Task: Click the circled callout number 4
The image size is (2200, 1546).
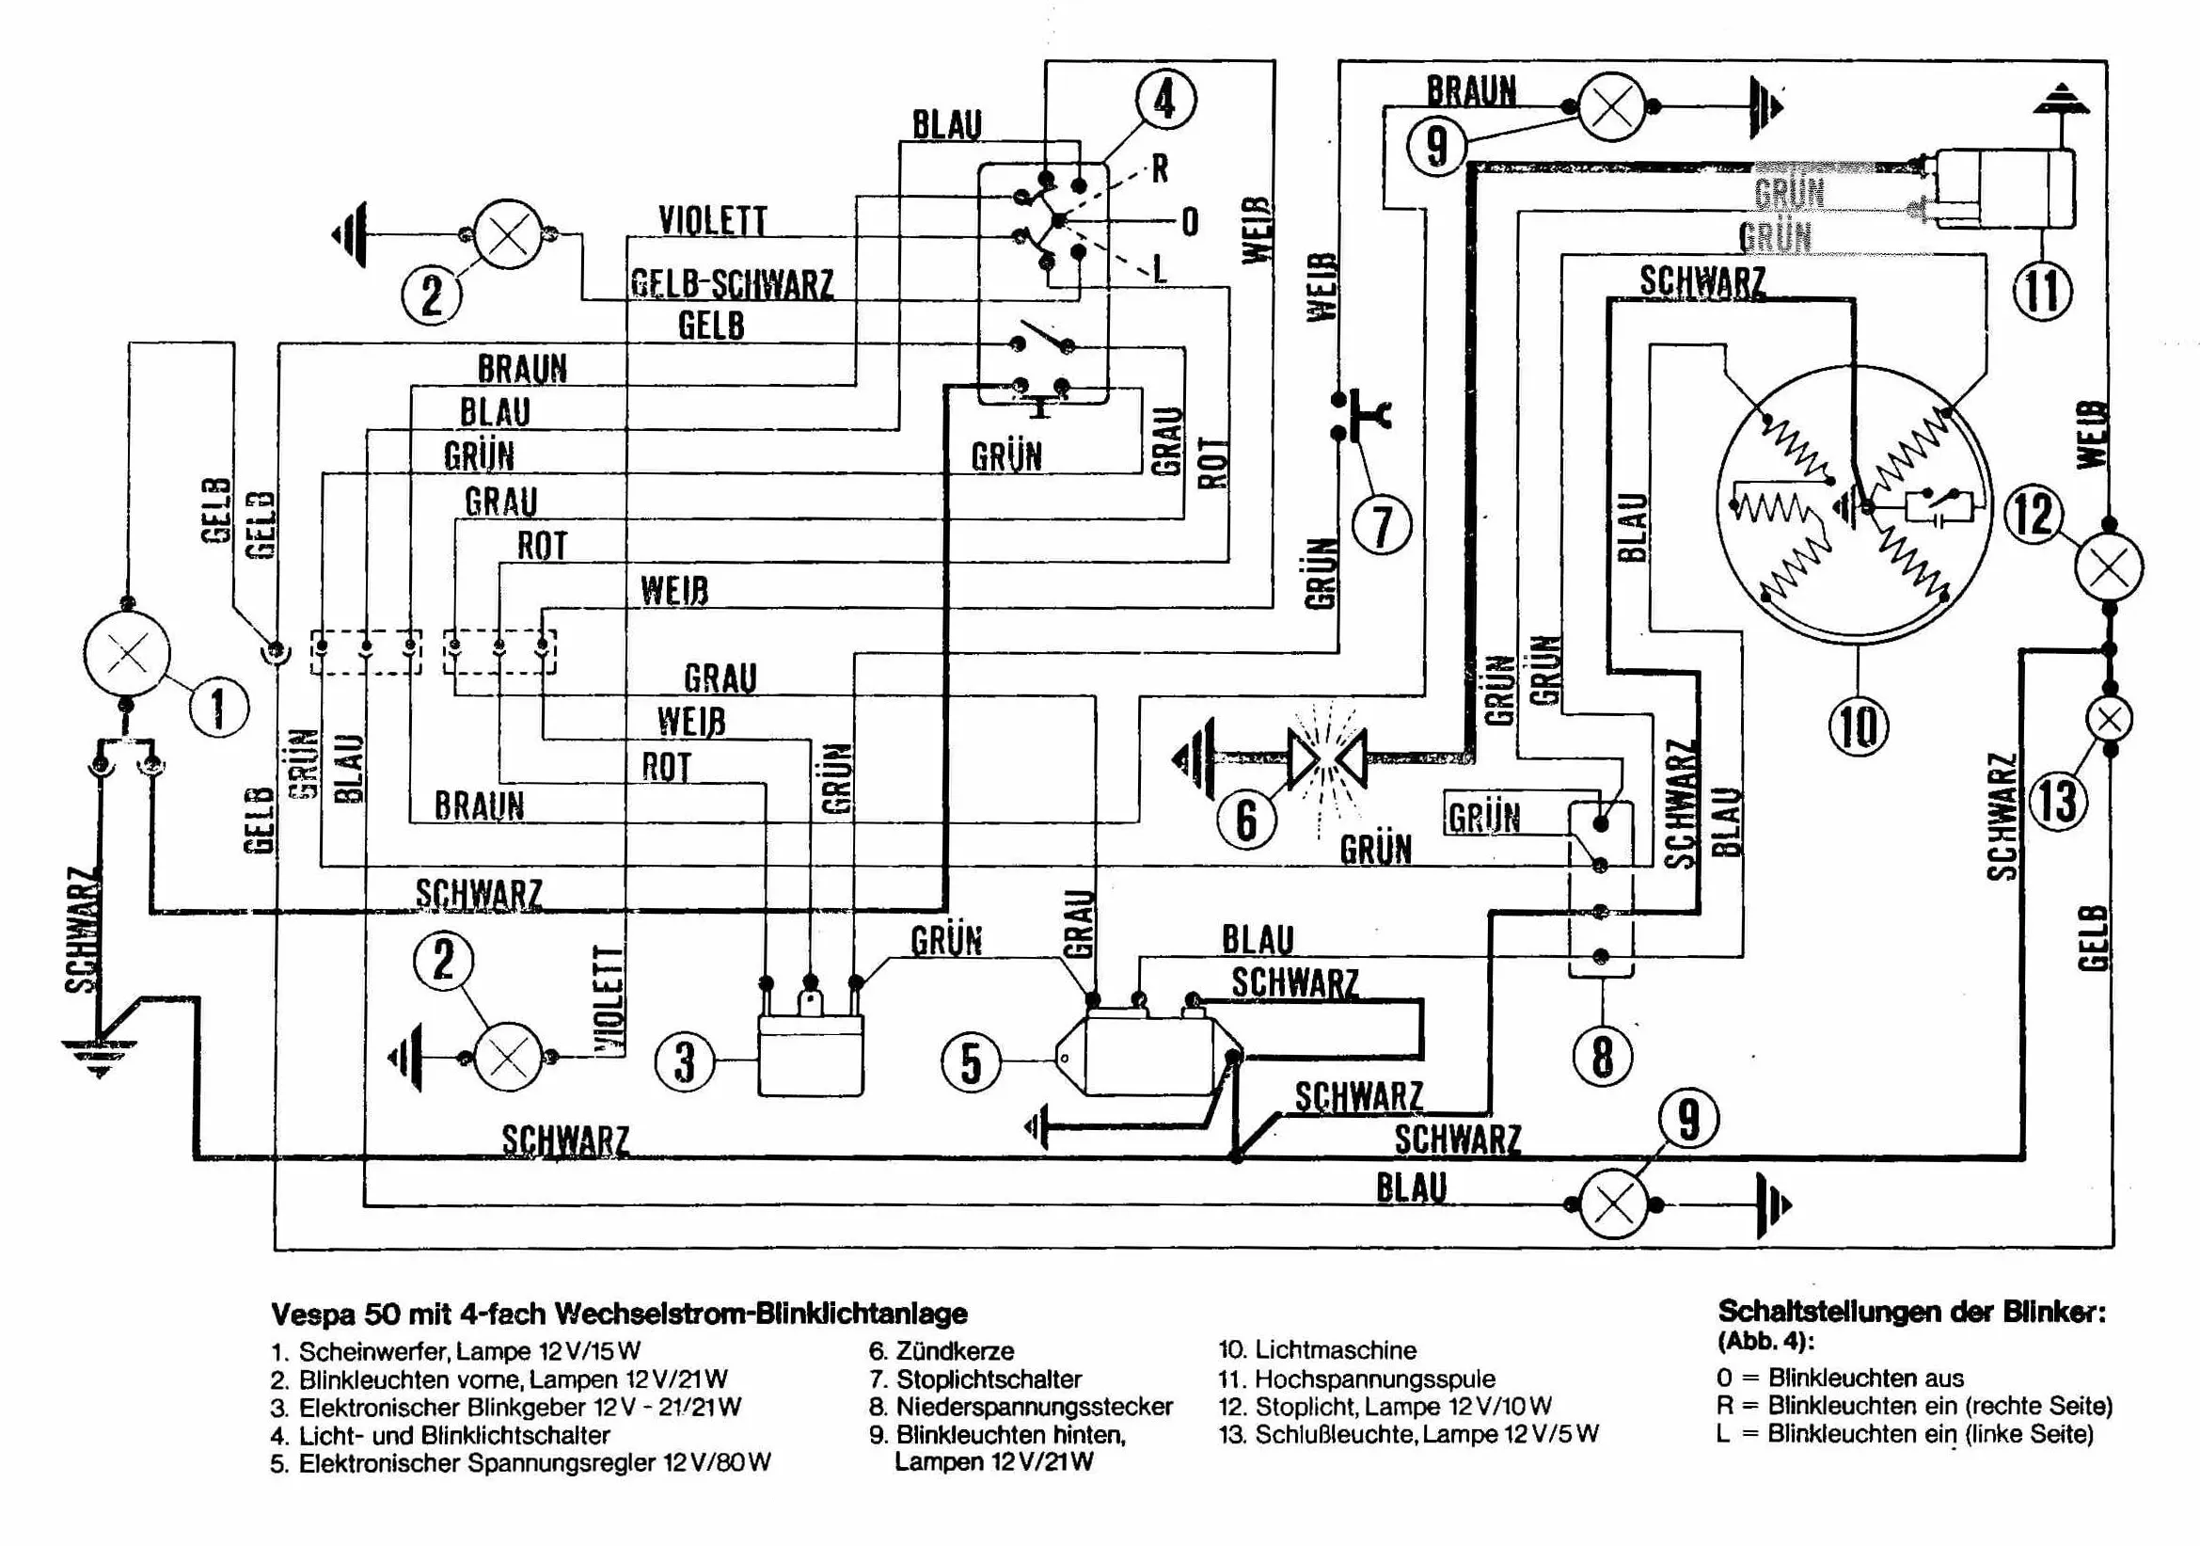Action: tap(1165, 99)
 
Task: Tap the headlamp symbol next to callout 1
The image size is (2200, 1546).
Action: tap(126, 655)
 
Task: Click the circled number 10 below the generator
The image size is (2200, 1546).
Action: tap(1858, 725)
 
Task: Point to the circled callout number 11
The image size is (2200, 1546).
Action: tap(2042, 292)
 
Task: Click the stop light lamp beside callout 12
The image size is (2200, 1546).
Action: tap(2109, 567)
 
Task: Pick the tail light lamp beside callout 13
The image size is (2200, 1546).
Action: tap(2109, 720)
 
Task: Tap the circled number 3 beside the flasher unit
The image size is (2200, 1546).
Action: tap(684, 1062)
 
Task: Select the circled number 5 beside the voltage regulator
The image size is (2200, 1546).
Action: tap(971, 1062)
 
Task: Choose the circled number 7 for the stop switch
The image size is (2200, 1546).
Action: tap(1382, 526)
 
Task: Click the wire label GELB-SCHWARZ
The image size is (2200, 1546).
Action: tap(732, 285)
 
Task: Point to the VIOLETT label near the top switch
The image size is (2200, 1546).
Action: tap(713, 221)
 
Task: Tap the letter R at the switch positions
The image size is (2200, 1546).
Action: tap(1161, 168)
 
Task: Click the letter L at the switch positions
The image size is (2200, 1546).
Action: tap(1161, 269)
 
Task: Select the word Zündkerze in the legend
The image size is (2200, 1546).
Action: tap(955, 1351)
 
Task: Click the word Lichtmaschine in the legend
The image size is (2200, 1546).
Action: tap(1335, 1350)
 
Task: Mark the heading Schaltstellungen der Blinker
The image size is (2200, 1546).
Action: tap(1911, 1312)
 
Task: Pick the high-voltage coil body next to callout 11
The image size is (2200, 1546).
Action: tap(2004, 189)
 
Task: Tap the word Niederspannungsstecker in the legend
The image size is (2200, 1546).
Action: tap(1034, 1407)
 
